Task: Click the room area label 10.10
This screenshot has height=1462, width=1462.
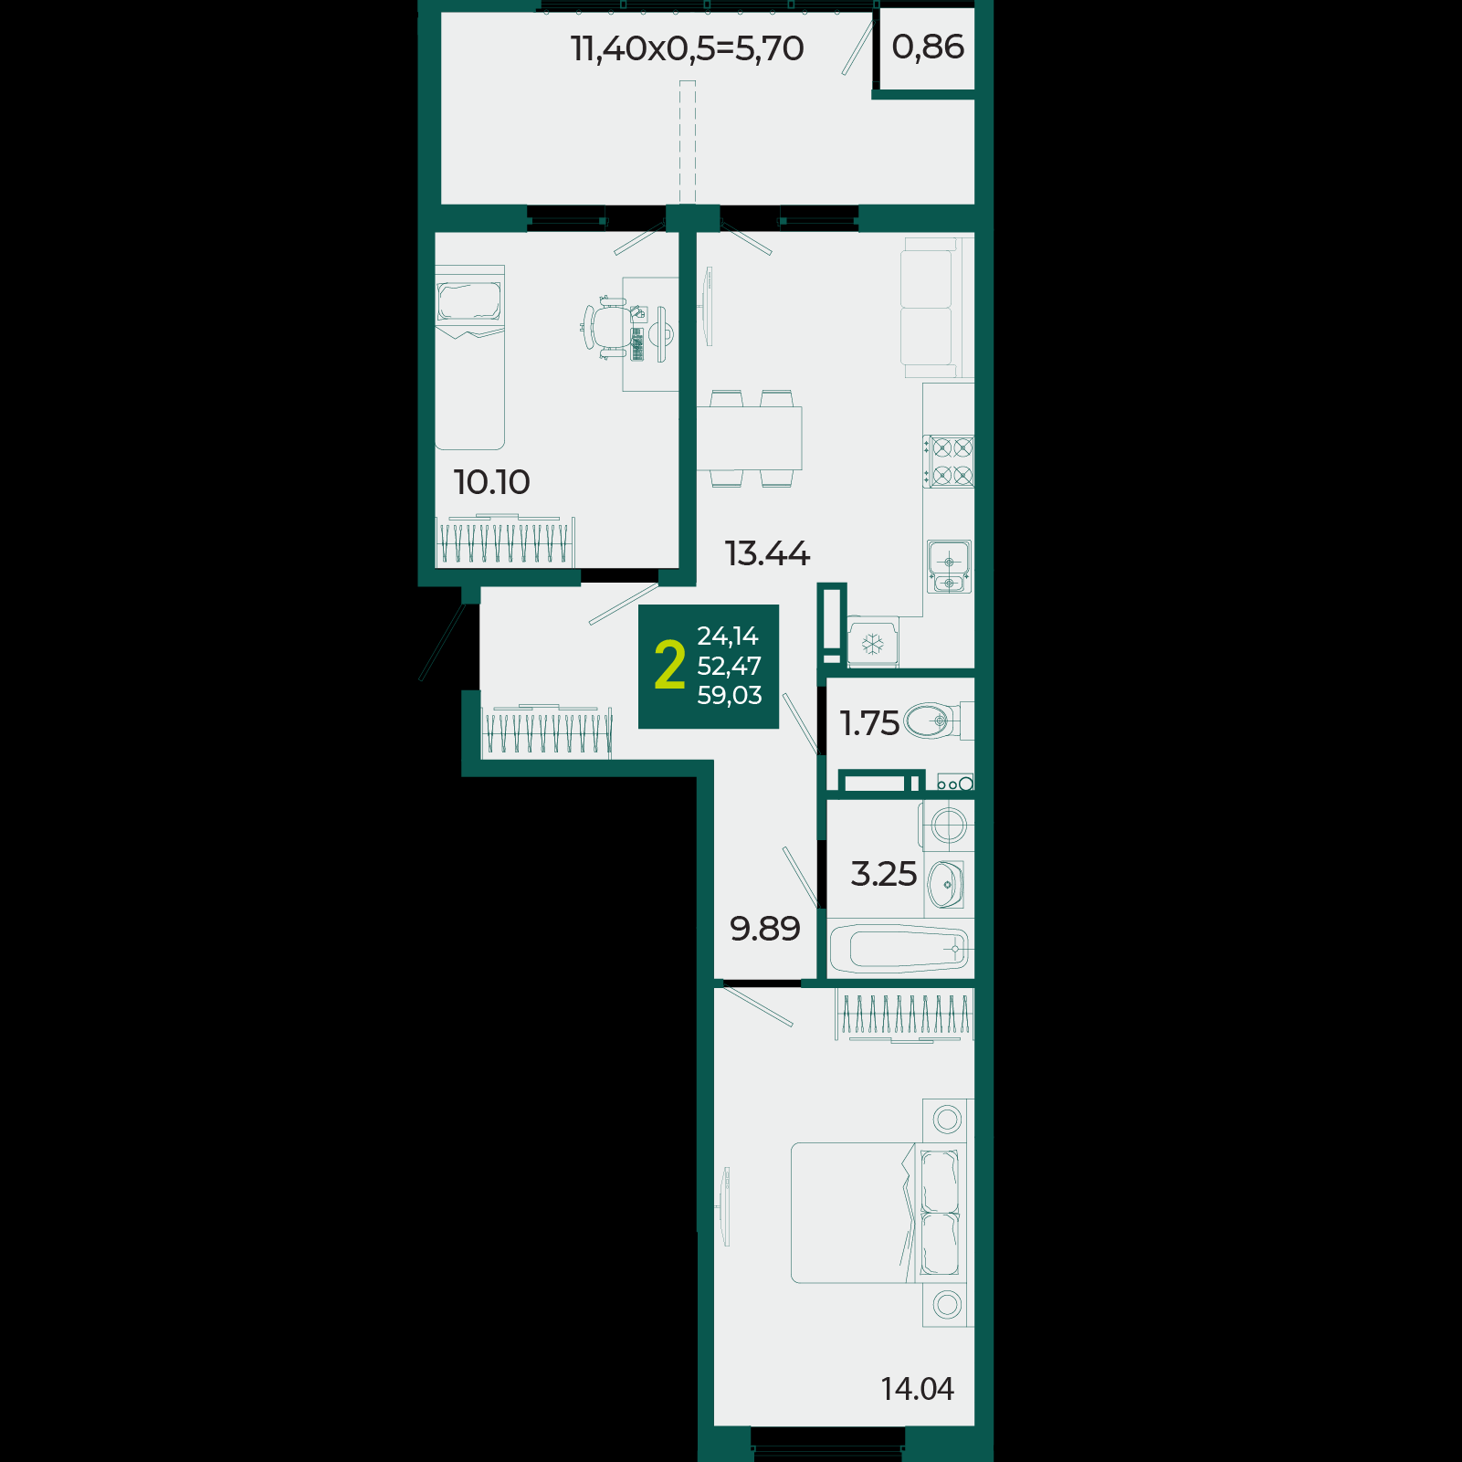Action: pyautogui.click(x=491, y=482)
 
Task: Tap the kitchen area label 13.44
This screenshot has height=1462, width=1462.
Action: pyautogui.click(x=767, y=553)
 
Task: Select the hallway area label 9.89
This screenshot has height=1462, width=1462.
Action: pyautogui.click(x=765, y=929)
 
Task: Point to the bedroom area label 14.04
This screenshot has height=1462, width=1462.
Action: pyautogui.click(x=917, y=1389)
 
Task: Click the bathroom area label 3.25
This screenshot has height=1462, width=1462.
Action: pyautogui.click(x=883, y=874)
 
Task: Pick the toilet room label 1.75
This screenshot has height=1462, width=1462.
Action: pyautogui.click(x=869, y=723)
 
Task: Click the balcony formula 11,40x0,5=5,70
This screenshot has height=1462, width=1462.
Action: pyautogui.click(x=687, y=47)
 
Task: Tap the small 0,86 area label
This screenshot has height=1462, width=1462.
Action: pyautogui.click(x=928, y=47)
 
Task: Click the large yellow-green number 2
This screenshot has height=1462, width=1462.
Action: pyautogui.click(x=669, y=666)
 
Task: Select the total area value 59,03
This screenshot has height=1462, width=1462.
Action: pyautogui.click(x=729, y=696)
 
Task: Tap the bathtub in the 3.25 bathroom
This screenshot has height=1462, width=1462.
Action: pyautogui.click(x=899, y=949)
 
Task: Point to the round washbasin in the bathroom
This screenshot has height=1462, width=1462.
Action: pyautogui.click(x=945, y=884)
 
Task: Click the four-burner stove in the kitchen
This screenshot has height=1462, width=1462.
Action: pyautogui.click(x=949, y=461)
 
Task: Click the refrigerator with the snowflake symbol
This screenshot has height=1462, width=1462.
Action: pyautogui.click(x=873, y=644)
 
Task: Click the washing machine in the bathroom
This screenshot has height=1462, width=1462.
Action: pyautogui.click(x=948, y=826)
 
